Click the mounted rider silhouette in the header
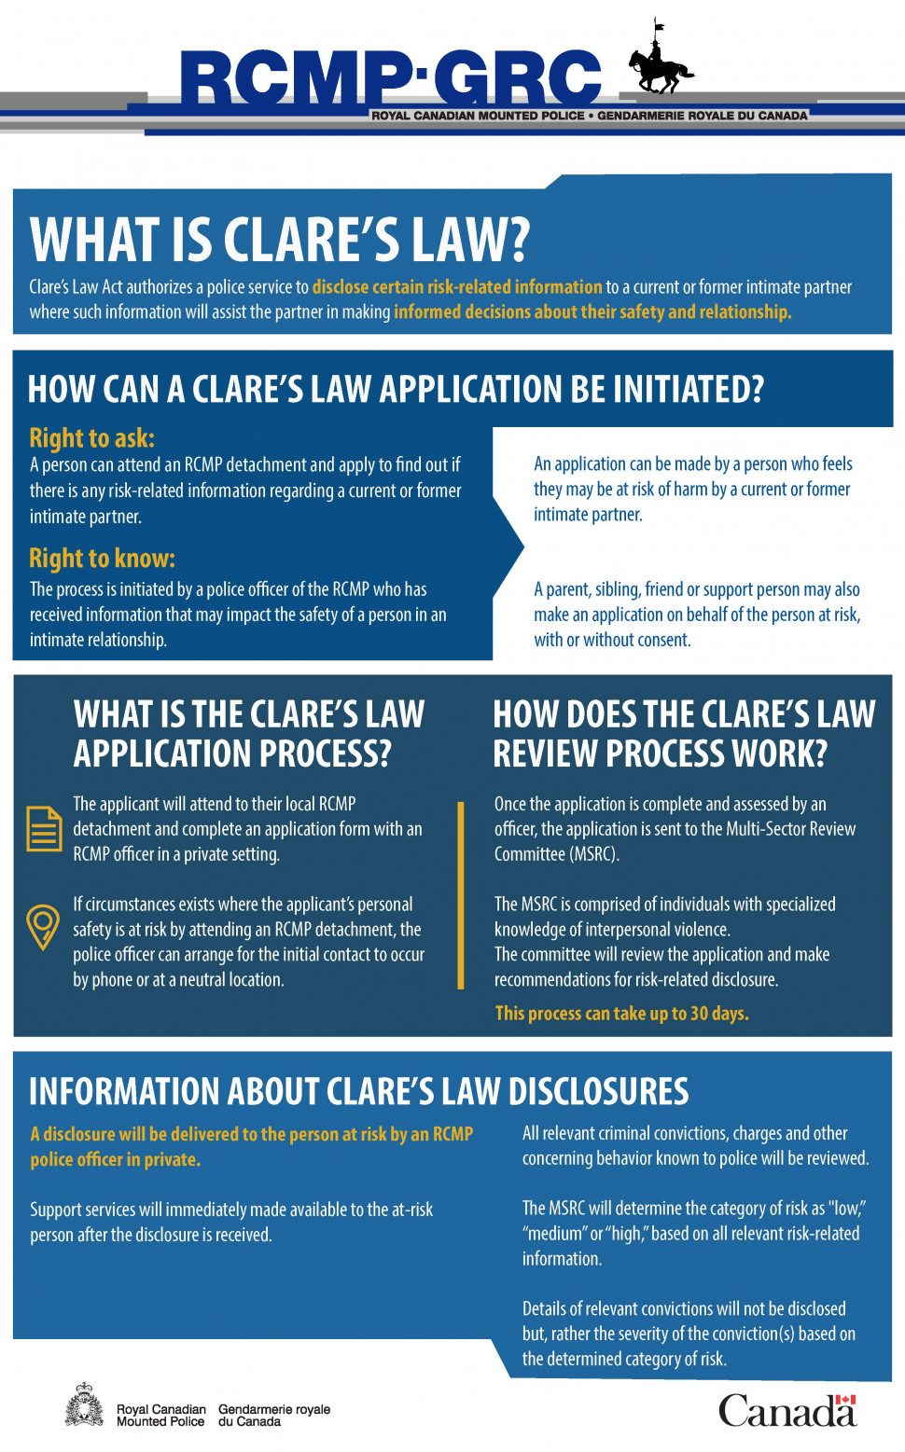click(x=660, y=63)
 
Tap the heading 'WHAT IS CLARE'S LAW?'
click(x=280, y=240)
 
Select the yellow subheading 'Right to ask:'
click(x=91, y=437)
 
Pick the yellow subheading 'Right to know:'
click(x=102, y=558)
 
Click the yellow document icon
click(x=43, y=828)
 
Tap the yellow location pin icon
click(x=43, y=926)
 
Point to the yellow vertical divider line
click(x=461, y=893)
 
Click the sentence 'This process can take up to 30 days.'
click(x=621, y=1013)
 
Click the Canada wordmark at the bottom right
click(x=786, y=1411)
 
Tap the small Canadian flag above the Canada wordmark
click(x=845, y=1400)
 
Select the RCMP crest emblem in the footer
click(x=84, y=1405)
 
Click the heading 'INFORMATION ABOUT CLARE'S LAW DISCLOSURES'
click(x=358, y=1091)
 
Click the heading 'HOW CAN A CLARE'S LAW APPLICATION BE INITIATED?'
click(x=396, y=389)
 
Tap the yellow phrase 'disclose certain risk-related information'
click(x=457, y=286)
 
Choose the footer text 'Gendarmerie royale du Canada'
click(x=273, y=1415)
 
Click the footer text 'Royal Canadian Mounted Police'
click(x=160, y=1415)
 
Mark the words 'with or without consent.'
click(x=612, y=640)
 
